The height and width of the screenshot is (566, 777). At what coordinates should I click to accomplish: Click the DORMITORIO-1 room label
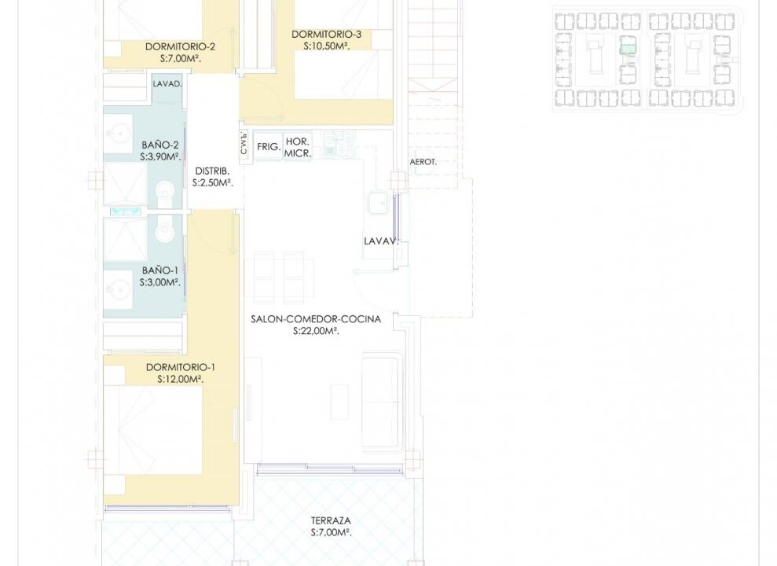pos(181,367)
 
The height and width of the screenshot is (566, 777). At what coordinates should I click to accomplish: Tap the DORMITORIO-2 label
pos(180,46)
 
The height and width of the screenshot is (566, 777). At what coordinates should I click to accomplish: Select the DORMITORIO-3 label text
pos(326,35)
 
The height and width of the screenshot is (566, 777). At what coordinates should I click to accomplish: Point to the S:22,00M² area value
pos(316,331)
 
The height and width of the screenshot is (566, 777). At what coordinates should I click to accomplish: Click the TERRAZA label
pos(331,520)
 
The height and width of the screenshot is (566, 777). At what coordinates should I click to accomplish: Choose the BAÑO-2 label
pos(160,145)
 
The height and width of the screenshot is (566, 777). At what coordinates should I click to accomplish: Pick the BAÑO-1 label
pos(160,270)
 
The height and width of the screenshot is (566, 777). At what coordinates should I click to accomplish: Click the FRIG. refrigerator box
pos(268,146)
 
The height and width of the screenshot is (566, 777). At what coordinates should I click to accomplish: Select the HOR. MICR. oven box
pos(297,147)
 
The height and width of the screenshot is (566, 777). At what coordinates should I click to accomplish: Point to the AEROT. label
pos(423,162)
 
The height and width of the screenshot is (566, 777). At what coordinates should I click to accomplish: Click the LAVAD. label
pos(167,84)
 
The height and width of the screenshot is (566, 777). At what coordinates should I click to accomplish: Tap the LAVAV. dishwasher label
pos(381,241)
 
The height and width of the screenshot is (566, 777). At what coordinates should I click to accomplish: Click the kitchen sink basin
pos(378,203)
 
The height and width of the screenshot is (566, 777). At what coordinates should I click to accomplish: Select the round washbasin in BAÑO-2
pos(119,134)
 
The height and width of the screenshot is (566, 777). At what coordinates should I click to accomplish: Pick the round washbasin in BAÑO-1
pos(119,289)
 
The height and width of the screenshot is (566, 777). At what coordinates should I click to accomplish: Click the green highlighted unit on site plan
pos(628,49)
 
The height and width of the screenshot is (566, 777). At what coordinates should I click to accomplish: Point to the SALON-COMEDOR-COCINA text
pos(316,319)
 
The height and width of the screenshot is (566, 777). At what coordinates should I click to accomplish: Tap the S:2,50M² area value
pos(213,183)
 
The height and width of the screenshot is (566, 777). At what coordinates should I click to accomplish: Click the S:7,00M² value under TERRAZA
pos(331,533)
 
